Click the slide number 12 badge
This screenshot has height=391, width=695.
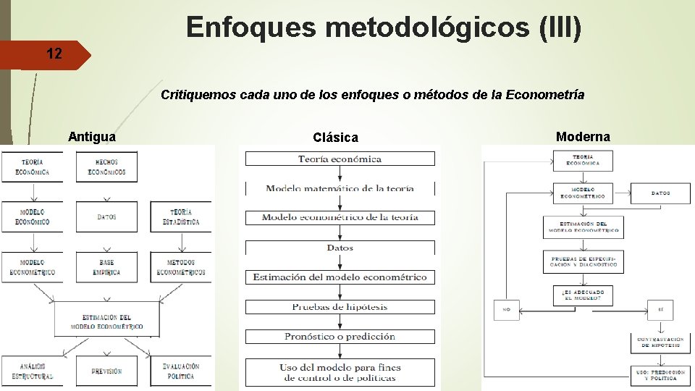coord(54,54)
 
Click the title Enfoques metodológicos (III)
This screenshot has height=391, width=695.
coord(384,28)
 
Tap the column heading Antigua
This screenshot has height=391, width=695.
coord(91,136)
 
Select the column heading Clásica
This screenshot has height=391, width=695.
coord(335,137)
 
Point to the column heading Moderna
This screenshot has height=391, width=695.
coord(583,136)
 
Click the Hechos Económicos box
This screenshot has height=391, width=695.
coord(106,167)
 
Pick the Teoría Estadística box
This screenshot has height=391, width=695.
coord(181,216)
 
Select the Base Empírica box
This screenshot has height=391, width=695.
coord(106,267)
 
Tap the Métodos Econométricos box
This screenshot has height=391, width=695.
coord(181,267)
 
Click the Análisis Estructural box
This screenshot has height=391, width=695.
coord(31,371)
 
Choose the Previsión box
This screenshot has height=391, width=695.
coord(106,371)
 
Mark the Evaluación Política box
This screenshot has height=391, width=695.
coord(181,371)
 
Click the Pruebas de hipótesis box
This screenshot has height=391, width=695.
coord(340,307)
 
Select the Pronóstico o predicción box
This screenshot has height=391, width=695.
coord(340,337)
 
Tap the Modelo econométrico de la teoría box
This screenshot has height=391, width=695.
coord(340,217)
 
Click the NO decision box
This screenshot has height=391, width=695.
coord(507,310)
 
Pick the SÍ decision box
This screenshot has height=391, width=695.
coord(660,310)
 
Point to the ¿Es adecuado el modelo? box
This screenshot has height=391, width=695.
coord(583,295)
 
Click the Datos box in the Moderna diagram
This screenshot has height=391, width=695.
coord(660,193)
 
